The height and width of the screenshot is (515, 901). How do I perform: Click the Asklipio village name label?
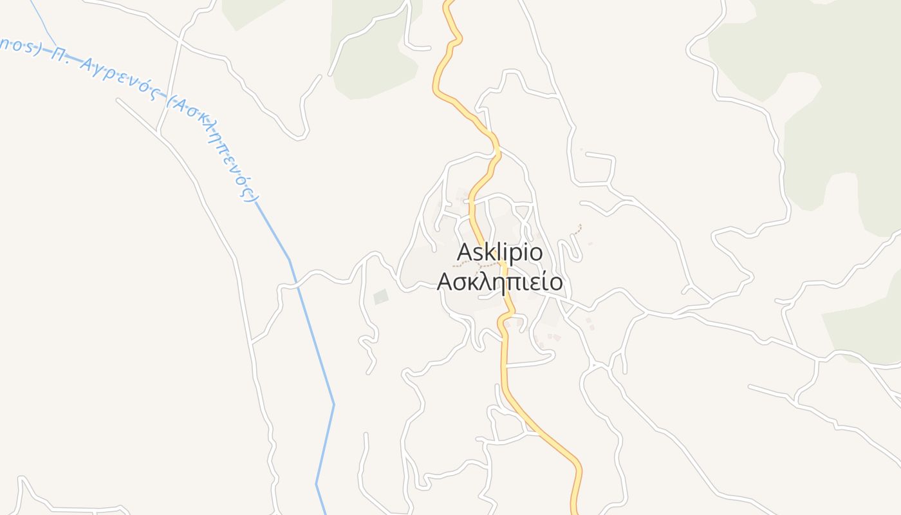tap(499, 253)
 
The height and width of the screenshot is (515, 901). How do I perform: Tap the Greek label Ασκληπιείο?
tap(499, 282)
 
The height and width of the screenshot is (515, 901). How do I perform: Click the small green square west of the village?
tap(381, 297)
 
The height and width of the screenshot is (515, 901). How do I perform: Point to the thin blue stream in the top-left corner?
tap(45, 19)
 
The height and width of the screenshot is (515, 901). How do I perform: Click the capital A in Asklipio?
tap(465, 252)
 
